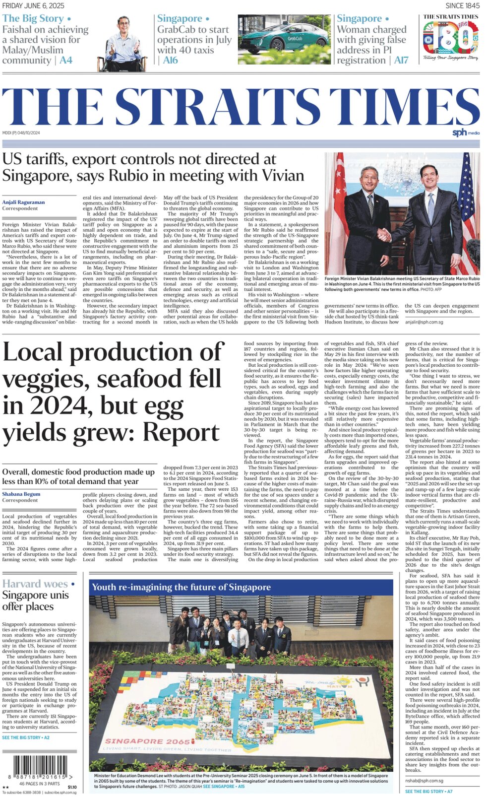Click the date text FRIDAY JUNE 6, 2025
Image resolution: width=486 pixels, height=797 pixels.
coord(33,5)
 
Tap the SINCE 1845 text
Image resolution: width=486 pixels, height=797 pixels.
coord(462,5)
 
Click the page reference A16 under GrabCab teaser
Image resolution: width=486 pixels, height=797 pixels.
coord(170,60)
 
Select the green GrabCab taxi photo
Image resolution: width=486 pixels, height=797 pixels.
coord(284,39)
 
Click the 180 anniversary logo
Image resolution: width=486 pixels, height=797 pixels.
coord(450,39)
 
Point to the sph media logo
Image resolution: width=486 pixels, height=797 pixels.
coord(466,133)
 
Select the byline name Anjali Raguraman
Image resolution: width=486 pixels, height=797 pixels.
coord(23,202)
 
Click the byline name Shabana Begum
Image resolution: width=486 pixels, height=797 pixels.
coord(21,494)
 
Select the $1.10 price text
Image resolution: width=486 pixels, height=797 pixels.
coord(72,787)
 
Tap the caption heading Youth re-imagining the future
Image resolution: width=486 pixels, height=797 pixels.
coord(182,588)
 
